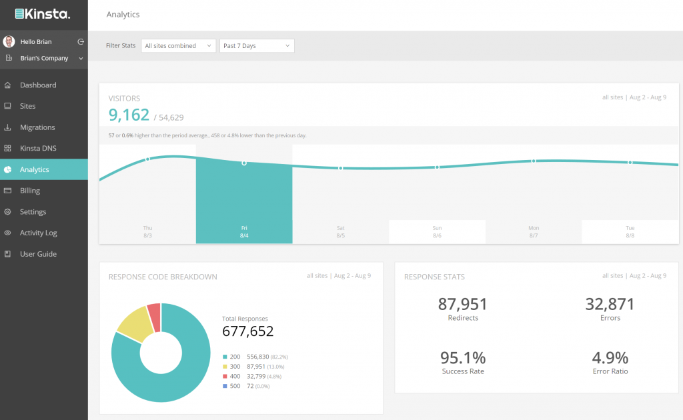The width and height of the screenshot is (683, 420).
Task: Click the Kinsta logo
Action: tap(43, 13)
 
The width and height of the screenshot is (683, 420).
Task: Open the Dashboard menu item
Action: tap(38, 85)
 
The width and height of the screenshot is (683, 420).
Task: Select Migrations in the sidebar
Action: tap(37, 127)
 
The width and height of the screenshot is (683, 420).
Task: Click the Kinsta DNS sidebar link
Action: tap(38, 149)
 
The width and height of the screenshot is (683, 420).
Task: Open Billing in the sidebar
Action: tap(30, 191)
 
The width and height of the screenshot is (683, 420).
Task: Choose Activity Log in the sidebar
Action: tap(38, 233)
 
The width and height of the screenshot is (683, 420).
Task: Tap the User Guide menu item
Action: tap(38, 254)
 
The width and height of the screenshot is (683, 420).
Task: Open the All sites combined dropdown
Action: tap(178, 46)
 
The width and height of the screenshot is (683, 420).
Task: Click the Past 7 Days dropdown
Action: tap(257, 46)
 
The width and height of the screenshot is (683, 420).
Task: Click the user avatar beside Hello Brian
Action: tap(9, 41)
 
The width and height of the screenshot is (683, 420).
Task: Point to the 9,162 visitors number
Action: tap(129, 115)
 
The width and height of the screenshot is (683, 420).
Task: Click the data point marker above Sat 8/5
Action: tap(341, 168)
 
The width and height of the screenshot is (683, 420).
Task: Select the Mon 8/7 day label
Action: tap(533, 231)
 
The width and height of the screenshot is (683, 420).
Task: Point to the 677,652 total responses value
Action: tap(247, 331)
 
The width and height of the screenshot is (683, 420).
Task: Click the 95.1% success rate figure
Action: tap(463, 357)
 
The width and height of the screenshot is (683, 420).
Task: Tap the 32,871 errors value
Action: tap(610, 305)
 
